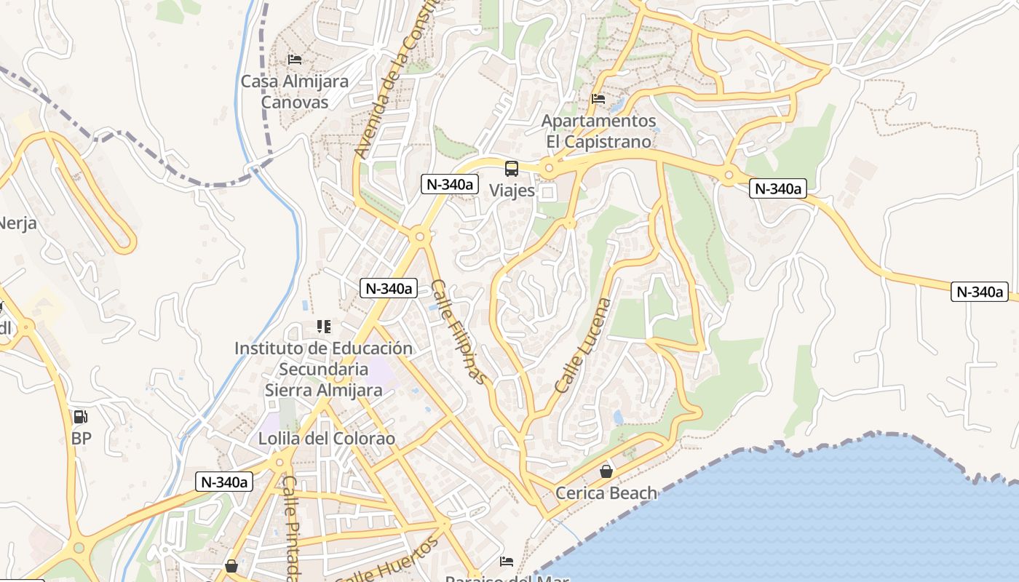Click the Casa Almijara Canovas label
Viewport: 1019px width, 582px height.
point(295,92)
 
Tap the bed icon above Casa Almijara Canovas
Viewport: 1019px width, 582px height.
point(295,60)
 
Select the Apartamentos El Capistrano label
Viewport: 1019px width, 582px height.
point(599,131)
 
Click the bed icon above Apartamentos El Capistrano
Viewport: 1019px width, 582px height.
point(598,99)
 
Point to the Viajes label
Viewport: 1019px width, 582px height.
point(512,191)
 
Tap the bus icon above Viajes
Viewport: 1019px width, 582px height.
point(512,169)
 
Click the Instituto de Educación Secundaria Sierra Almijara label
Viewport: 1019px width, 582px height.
point(323,370)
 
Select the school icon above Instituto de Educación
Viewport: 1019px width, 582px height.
point(324,327)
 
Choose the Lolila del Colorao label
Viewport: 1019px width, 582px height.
point(327,439)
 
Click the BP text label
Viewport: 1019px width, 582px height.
point(81,439)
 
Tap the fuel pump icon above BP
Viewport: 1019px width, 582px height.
point(81,417)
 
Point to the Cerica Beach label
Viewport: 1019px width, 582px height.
point(606,493)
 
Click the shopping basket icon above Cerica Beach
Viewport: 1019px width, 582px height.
point(606,472)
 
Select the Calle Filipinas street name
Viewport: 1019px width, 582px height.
point(458,331)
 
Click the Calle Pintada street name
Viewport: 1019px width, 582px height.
point(292,528)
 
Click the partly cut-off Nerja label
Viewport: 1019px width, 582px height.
point(17,223)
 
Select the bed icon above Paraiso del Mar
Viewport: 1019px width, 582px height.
point(507,562)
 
